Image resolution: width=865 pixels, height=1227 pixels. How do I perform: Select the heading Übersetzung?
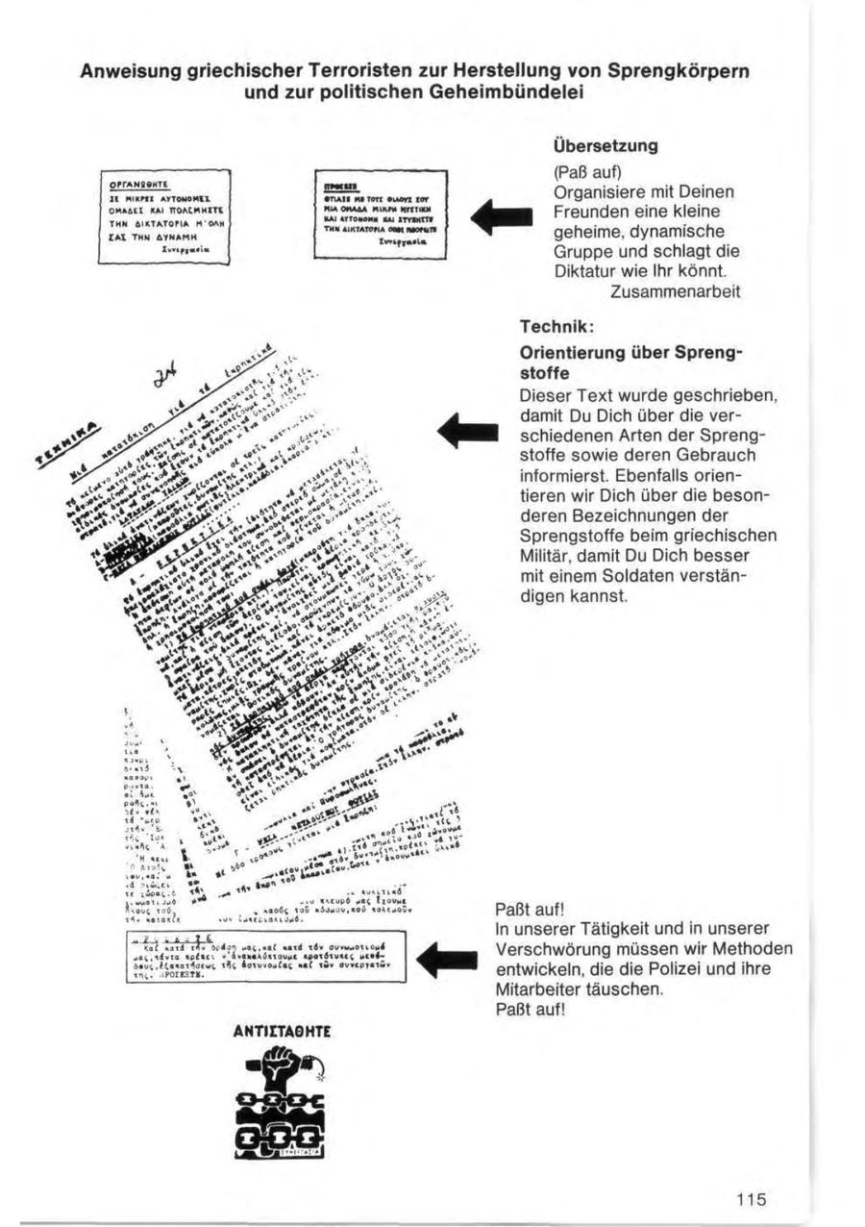(605, 147)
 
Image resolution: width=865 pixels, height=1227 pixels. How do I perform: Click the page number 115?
(752, 1198)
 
